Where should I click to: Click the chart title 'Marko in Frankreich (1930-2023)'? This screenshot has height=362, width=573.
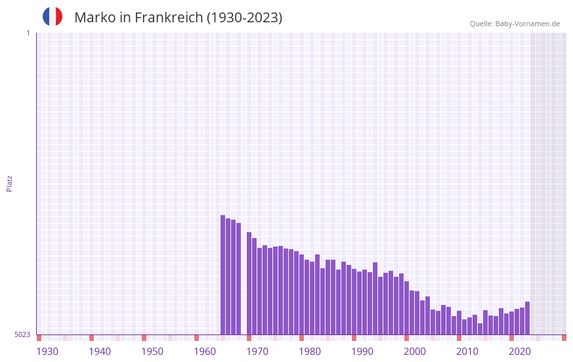[x=178, y=18]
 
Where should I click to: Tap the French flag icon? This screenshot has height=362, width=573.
[x=53, y=16]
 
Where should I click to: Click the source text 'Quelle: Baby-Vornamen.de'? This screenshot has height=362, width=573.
[x=515, y=24]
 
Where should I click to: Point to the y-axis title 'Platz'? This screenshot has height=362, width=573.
[x=9, y=183]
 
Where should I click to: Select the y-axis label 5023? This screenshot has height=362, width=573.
[x=22, y=334]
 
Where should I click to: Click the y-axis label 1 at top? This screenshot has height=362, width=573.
[x=28, y=33]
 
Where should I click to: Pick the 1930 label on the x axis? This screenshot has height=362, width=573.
[x=47, y=352]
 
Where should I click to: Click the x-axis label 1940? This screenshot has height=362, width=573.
[x=100, y=352]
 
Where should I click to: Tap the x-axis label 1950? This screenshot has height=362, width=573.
[x=152, y=352]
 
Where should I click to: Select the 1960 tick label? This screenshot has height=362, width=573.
[x=205, y=352]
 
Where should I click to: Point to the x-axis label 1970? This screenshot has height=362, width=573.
[x=257, y=352]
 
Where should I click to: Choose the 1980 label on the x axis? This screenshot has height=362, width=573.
[x=310, y=352]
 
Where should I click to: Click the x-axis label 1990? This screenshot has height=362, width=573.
[x=362, y=352]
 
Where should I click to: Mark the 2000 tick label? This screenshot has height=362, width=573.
[x=415, y=352]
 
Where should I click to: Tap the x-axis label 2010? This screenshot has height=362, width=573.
[x=467, y=352]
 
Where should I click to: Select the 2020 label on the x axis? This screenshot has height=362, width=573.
[x=520, y=352]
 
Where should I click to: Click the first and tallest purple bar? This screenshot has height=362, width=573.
[x=223, y=275]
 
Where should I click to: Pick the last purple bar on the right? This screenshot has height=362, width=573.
[x=528, y=318]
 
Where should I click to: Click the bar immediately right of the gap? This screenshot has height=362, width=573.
[x=249, y=283]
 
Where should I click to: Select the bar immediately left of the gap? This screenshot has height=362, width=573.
[x=239, y=279]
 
